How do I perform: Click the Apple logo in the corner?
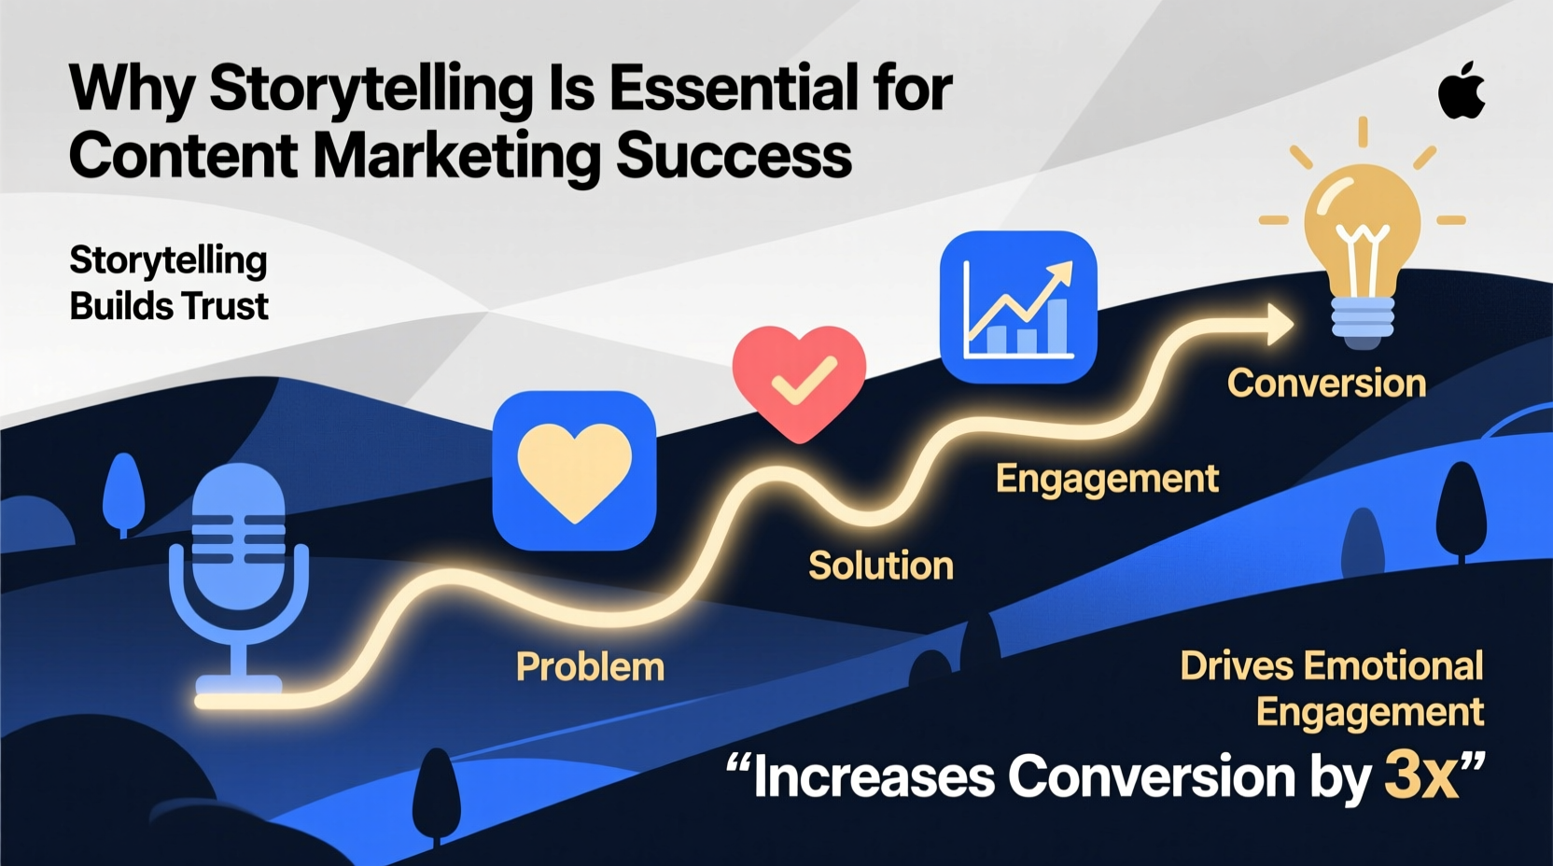[1462, 91]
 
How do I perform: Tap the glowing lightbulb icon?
[1363, 233]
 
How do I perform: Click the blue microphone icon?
[239, 560]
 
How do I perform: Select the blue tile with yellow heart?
[574, 470]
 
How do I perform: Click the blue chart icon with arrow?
[1017, 307]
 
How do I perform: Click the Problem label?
[590, 667]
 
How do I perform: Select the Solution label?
[880, 566]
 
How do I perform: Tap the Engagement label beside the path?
[1107, 479]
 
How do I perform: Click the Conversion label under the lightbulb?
[1326, 384]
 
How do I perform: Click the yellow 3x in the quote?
[1420, 775]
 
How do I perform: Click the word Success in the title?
[734, 156]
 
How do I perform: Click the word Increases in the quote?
[874, 776]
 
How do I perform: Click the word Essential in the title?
[734, 89]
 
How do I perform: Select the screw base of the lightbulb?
[1363, 319]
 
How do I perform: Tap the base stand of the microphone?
[239, 686]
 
